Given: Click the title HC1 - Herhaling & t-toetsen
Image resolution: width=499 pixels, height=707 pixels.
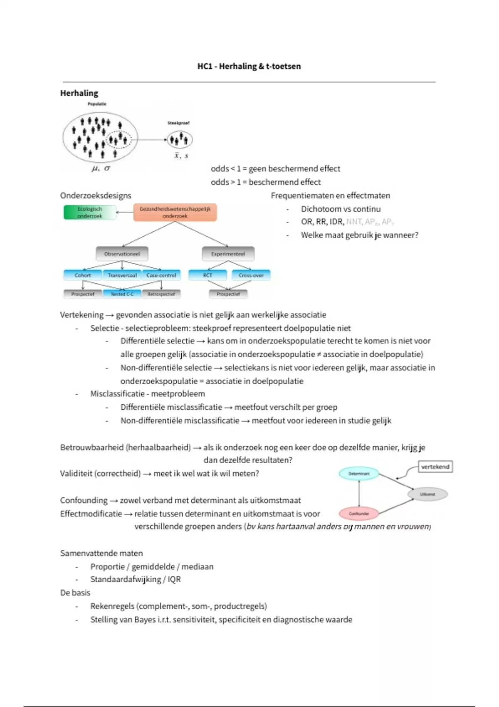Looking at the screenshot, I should pos(249,66).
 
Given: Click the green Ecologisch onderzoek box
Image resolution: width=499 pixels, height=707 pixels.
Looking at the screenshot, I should pos(90,213).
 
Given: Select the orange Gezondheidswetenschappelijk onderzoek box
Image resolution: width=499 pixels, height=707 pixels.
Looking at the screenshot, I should pos(175,213).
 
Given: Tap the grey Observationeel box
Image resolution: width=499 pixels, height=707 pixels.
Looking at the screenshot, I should pos(122,254).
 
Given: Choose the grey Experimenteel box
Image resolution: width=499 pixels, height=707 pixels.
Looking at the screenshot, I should pos(228,254).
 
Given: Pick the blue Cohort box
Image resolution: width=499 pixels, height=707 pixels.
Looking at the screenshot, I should pos(83,275).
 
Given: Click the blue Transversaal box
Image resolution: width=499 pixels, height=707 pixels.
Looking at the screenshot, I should pos(122,275).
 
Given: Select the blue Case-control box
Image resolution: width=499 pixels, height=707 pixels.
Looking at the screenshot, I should pos(161,275).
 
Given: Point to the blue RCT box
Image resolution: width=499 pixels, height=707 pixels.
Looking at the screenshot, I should pos(208,275).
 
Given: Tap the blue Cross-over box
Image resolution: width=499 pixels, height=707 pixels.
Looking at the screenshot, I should pos(251,275).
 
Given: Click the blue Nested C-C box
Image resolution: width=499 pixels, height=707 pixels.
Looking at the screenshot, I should pos(122,294).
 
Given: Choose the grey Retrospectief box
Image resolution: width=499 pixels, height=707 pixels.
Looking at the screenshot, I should pos(161,294).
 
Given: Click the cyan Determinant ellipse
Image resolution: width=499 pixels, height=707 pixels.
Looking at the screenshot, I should pos(359,474).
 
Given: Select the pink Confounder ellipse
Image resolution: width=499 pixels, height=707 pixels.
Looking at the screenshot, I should pos(359,514).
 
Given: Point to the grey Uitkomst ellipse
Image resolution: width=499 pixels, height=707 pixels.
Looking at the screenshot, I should pos(427,494).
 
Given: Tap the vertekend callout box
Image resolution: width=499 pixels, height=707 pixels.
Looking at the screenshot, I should pos(435,467).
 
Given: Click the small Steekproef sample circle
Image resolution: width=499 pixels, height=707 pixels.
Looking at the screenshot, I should pos(179,140).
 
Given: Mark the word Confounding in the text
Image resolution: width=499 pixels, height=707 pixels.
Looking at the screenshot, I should pos(84,500).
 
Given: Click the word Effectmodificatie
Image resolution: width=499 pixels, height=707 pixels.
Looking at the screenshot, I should pos(91,514).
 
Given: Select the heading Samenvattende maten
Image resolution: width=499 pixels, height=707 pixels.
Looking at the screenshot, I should pos(101,553).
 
